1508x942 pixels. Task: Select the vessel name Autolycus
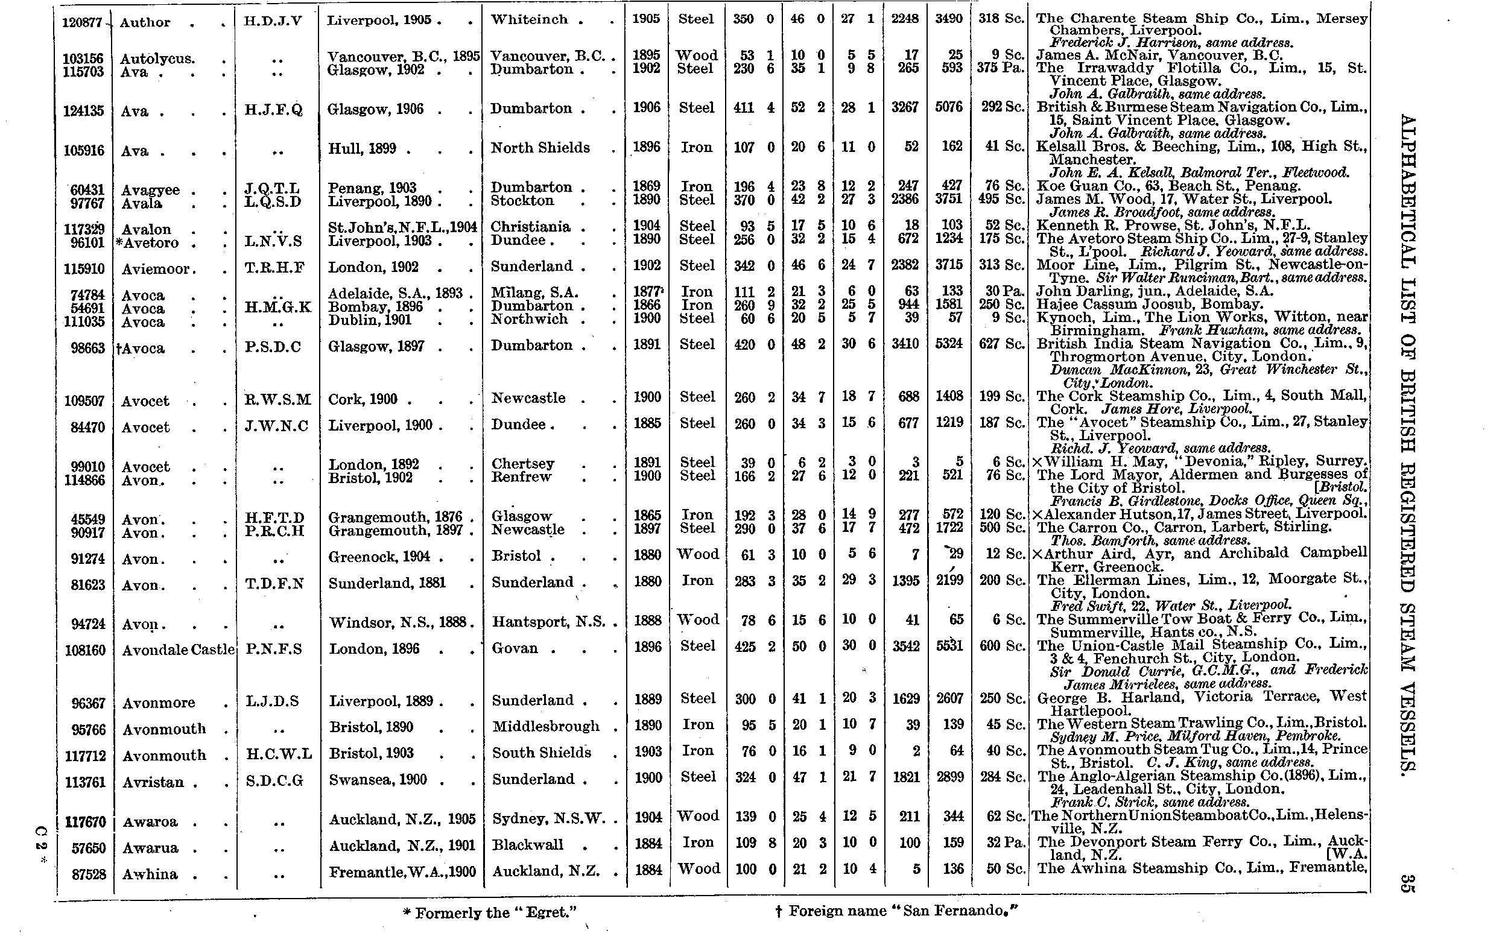point(157,59)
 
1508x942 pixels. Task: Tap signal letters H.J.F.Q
point(273,110)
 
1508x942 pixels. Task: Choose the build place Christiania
point(530,227)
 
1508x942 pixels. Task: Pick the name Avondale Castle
point(178,650)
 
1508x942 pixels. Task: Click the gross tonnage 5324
point(949,344)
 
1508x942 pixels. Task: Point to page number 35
point(1407,884)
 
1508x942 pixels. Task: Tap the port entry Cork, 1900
point(363,399)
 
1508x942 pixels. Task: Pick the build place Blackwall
point(527,845)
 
